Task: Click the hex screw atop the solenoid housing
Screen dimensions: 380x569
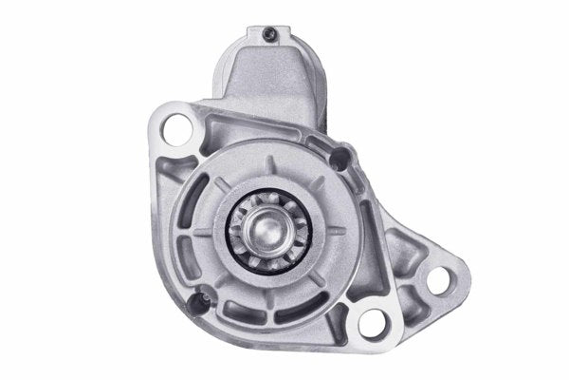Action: click(268, 36)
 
